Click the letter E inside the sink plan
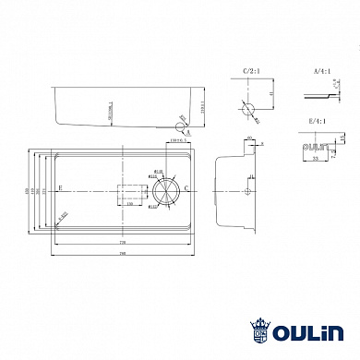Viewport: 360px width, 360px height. [60, 188]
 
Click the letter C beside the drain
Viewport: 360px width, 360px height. [187, 189]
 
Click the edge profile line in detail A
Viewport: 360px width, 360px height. [318, 95]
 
